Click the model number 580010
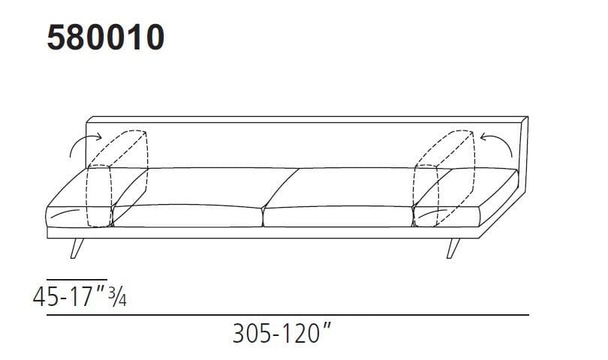click(x=105, y=37)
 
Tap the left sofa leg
click(x=77, y=248)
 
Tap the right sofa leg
click(x=453, y=247)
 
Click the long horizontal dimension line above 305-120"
click(x=287, y=316)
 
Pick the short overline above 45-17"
click(x=77, y=278)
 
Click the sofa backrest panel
click(x=300, y=142)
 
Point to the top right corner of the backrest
click(x=527, y=118)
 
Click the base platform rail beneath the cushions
click(x=263, y=233)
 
